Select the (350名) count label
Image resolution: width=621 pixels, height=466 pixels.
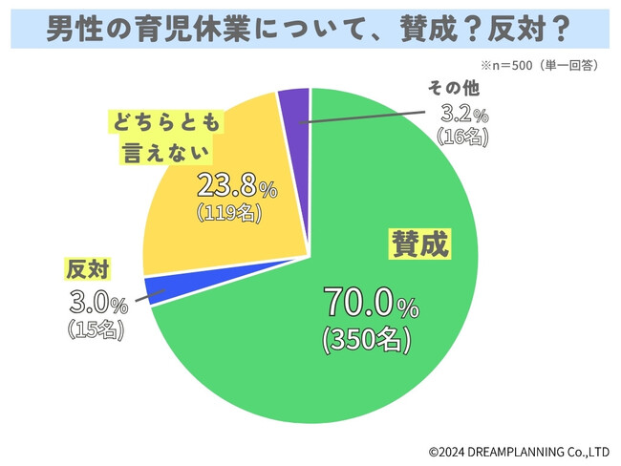click(367, 338)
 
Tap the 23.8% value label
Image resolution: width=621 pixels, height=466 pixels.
click(236, 187)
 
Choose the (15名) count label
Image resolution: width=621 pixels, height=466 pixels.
click(96, 330)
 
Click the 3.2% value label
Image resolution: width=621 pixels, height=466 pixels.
click(461, 114)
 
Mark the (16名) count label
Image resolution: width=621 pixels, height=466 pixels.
click(461, 137)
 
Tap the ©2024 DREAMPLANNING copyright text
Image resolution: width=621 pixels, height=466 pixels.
click(518, 450)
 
